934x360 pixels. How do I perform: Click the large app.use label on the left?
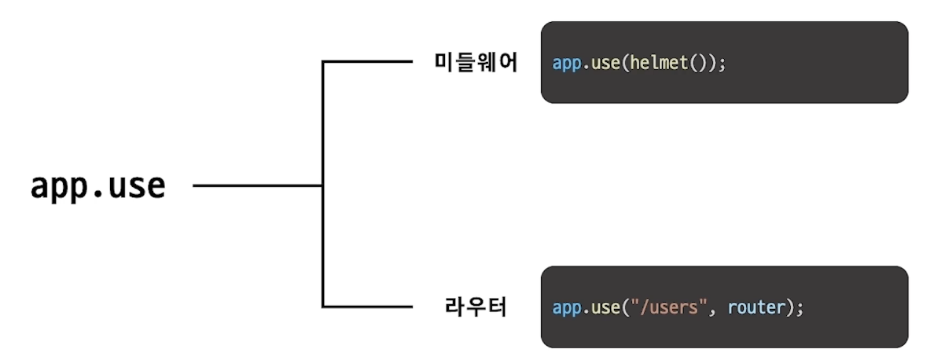(97, 187)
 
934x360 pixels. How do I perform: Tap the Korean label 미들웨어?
(476, 63)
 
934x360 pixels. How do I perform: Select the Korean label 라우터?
(476, 307)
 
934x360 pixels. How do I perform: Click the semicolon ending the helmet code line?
(723, 65)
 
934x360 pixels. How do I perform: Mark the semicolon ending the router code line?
(800, 310)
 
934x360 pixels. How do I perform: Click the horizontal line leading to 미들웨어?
(367, 61)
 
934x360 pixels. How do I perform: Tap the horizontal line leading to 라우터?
(367, 307)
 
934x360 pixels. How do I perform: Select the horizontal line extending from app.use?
(258, 186)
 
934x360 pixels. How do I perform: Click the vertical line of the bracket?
(323, 184)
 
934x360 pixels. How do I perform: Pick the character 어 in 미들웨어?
(508, 63)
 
